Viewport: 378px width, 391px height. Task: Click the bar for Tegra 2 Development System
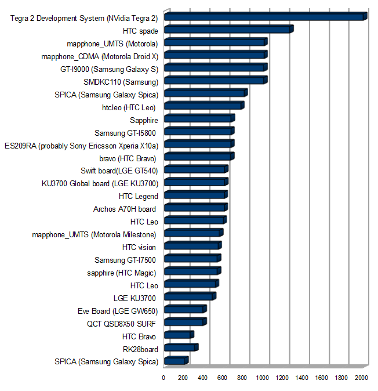click(x=265, y=17)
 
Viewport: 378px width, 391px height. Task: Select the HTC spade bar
click(x=228, y=30)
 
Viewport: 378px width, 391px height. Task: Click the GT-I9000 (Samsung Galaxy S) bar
click(x=215, y=68)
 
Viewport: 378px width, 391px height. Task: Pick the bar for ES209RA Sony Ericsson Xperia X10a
click(x=198, y=144)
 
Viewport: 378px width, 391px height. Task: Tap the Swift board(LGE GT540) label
click(x=119, y=171)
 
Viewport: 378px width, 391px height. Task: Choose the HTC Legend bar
click(x=195, y=195)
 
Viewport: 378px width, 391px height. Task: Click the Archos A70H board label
click(x=125, y=209)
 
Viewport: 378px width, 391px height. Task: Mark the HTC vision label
click(x=139, y=247)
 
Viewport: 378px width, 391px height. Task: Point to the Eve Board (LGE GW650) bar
click(x=185, y=310)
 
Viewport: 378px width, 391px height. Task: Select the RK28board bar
click(x=180, y=349)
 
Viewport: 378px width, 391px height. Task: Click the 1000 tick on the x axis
click(x=262, y=378)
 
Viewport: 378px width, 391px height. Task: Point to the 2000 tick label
click(x=361, y=378)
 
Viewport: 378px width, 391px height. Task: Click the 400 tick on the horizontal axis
click(x=203, y=378)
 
